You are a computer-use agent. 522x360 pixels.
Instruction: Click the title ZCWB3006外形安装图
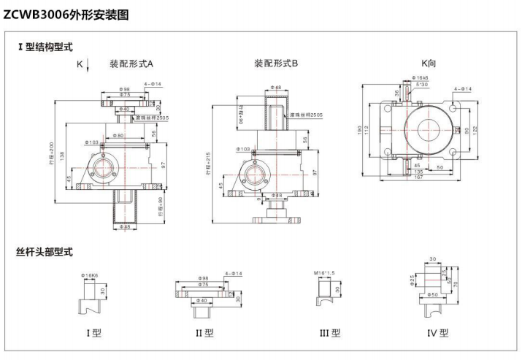66,14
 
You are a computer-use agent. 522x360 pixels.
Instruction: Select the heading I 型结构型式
45,47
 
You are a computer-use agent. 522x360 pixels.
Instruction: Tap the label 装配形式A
131,64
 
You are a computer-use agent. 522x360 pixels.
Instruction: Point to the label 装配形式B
276,64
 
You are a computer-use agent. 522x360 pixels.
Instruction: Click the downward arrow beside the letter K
88,66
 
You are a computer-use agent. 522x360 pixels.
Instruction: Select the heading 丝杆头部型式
45,252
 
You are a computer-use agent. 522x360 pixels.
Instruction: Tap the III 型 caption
330,333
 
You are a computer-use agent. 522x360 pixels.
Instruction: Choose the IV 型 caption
437,333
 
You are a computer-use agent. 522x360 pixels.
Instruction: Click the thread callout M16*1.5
324,273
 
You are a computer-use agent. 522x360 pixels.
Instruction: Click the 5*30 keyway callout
422,84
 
